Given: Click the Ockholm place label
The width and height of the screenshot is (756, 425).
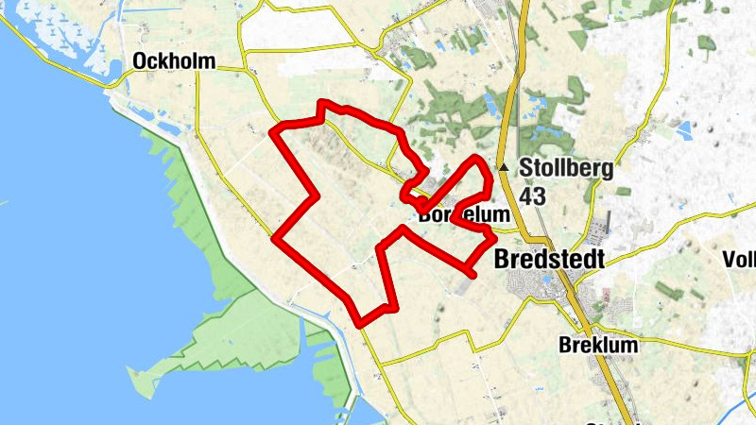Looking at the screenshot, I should pyautogui.click(x=175, y=61).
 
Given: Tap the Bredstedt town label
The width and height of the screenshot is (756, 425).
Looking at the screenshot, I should pyautogui.click(x=549, y=258).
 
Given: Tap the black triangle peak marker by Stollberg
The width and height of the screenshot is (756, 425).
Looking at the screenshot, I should pyautogui.click(x=505, y=168).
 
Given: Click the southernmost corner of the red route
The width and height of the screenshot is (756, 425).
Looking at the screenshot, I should pyautogui.click(x=361, y=324).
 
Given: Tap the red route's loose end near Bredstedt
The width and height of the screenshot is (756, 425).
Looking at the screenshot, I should pyautogui.click(x=472, y=274).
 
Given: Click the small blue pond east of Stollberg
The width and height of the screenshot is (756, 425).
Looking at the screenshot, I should pyautogui.click(x=684, y=126).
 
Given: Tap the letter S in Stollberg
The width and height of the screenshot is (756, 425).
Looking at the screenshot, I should pyautogui.click(x=525, y=171).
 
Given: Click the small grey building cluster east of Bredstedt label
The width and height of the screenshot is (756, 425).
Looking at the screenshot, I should pyautogui.click(x=597, y=228).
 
